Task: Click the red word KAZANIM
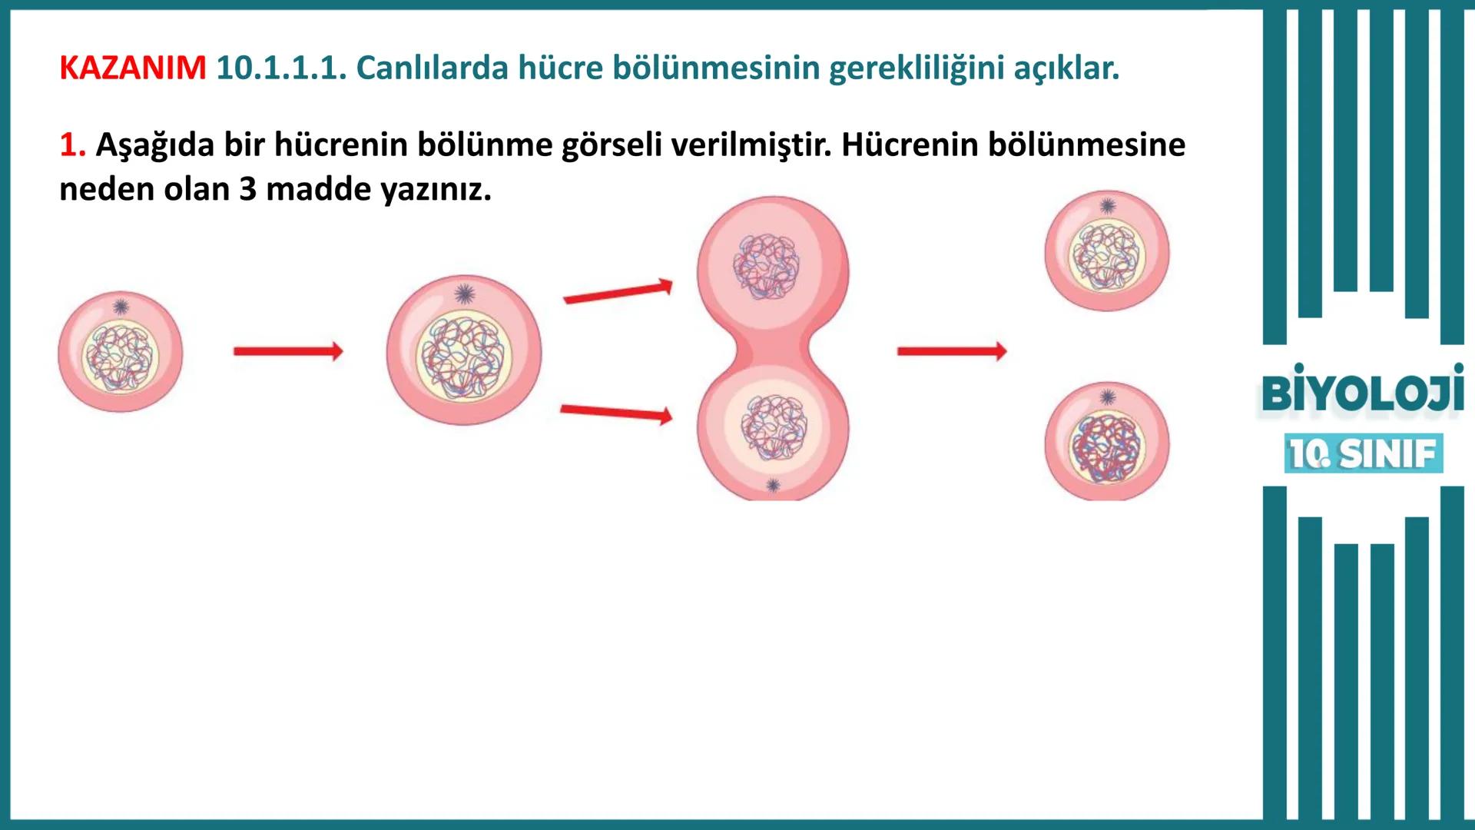tap(132, 68)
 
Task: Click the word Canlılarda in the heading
tap(432, 68)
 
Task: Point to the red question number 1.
tap(72, 144)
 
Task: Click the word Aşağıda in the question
tap(154, 144)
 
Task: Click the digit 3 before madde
tap(247, 189)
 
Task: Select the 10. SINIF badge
tap(1363, 453)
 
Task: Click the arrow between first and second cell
tap(288, 352)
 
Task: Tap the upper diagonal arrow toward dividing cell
tap(618, 293)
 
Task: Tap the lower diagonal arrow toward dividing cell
tap(616, 413)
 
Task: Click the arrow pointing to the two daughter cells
tap(951, 352)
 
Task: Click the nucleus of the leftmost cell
tap(121, 358)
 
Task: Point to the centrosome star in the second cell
tap(464, 294)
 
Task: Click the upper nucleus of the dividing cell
tap(766, 266)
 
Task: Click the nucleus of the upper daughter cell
tap(1107, 257)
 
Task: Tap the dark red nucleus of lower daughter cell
tap(1107, 447)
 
